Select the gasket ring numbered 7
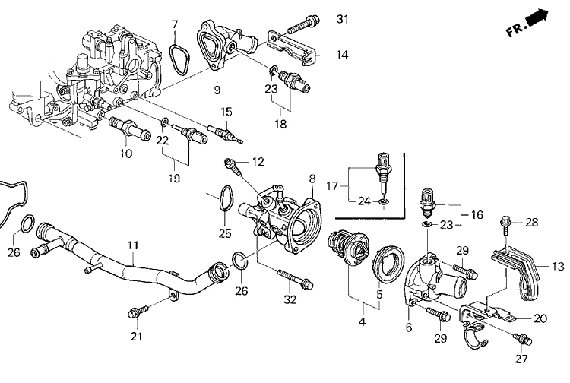(179, 59)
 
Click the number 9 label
(217, 90)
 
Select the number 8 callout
(312, 179)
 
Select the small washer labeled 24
(385, 203)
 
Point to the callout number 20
(540, 318)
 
